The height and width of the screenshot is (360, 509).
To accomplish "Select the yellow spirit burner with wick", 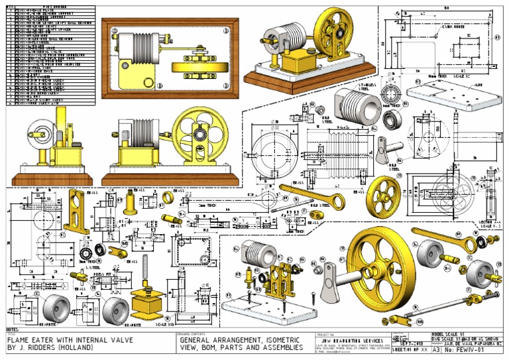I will (146, 304).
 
